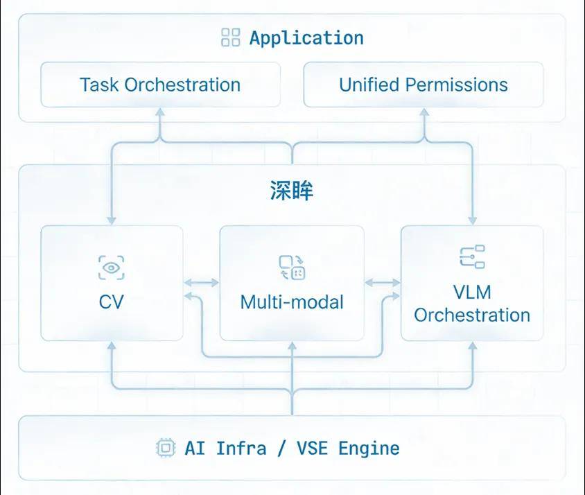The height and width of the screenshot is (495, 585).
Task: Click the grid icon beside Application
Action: [x=230, y=38]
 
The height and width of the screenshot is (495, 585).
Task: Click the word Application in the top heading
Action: [x=306, y=38]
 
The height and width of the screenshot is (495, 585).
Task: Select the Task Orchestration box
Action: [x=160, y=85]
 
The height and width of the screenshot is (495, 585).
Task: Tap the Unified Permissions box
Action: [x=423, y=85]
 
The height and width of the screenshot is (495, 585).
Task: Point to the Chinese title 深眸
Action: [x=292, y=191]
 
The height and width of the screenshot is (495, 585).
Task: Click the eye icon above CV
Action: [x=112, y=268]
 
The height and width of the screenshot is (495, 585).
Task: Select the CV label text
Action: [x=112, y=302]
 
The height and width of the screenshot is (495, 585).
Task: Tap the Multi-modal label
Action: [x=292, y=302]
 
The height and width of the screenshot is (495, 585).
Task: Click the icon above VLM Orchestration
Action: [x=472, y=257]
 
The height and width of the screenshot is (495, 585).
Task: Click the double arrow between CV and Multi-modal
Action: [x=202, y=283]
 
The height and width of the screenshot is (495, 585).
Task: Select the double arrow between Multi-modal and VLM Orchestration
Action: [x=383, y=283]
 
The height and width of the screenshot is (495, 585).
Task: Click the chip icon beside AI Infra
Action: [x=165, y=448]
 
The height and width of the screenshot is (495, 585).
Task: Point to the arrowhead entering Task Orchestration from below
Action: [x=160, y=111]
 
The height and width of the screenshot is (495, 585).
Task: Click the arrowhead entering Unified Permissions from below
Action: [x=423, y=111]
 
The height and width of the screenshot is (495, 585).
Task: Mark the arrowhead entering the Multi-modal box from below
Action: [x=292, y=345]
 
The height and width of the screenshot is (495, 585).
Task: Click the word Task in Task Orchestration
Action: [x=99, y=85]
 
